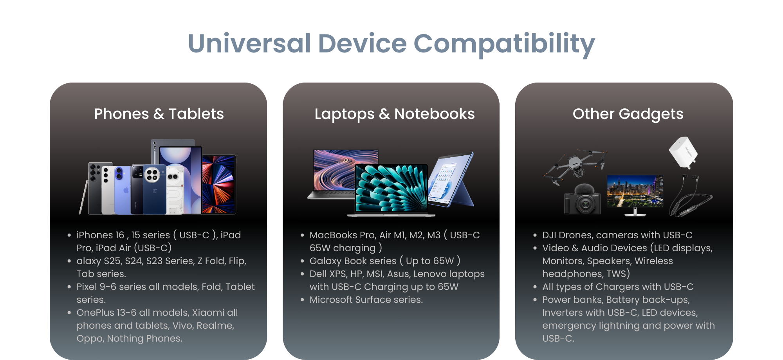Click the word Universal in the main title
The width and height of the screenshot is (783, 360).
[x=249, y=43]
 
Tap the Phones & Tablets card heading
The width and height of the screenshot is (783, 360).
[x=159, y=114]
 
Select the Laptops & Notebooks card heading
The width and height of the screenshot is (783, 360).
[x=395, y=114]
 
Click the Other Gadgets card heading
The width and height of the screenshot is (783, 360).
[x=628, y=114]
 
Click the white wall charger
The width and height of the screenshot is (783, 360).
[x=683, y=153]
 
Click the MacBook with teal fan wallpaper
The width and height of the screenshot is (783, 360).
[x=391, y=190]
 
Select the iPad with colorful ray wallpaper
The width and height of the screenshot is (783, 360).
[x=219, y=184]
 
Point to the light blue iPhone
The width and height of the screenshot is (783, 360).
[x=123, y=190]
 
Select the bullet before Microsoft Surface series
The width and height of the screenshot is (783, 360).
[x=302, y=300]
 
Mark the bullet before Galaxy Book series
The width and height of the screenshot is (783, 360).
[x=302, y=261]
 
